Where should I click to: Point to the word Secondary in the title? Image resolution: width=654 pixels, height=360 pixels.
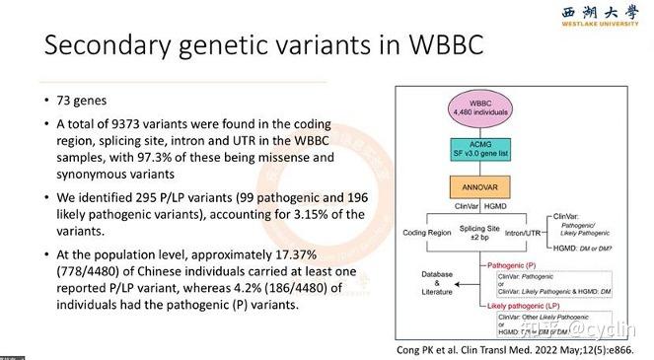pyautogui.click(x=109, y=46)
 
